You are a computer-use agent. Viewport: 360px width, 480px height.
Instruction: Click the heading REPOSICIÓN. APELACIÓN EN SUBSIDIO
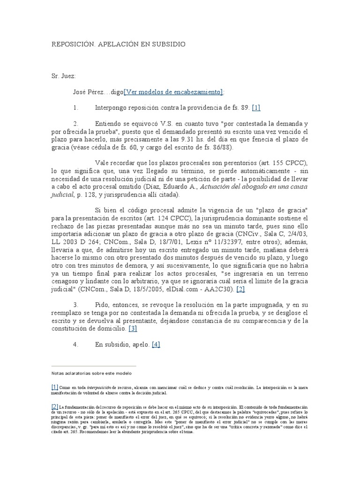pos(118,44)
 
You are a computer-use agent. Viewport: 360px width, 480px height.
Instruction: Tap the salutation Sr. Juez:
pos(63,76)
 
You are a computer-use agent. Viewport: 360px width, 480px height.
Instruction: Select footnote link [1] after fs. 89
pos(256,108)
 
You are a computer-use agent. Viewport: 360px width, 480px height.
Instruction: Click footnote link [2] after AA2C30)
pos(241,289)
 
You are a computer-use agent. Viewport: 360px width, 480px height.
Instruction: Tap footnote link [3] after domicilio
pos(133,329)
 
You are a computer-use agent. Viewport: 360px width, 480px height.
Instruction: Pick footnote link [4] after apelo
pos(156,345)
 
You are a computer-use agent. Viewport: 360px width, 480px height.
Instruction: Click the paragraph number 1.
pos(75,108)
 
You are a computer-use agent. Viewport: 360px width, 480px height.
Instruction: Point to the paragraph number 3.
pos(75,305)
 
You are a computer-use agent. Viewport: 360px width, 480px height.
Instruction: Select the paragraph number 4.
pos(75,345)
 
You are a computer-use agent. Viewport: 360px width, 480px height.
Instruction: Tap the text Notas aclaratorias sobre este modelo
pos(92,373)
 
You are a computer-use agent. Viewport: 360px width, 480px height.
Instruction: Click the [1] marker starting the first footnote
pos(55,387)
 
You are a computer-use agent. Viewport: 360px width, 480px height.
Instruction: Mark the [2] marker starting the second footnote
pos(55,406)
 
